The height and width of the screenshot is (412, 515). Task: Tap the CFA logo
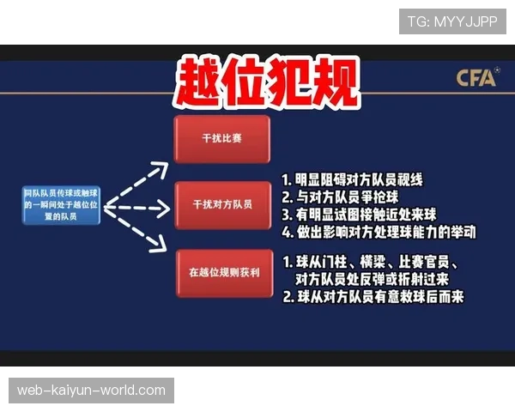(x=477, y=78)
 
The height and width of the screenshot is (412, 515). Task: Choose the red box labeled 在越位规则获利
(x=221, y=273)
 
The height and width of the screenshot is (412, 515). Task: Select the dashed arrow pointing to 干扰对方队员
(x=137, y=207)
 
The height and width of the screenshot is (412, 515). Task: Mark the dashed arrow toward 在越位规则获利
(x=137, y=233)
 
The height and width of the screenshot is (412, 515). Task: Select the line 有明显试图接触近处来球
(x=364, y=215)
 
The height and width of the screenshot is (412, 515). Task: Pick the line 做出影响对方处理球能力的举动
(x=378, y=232)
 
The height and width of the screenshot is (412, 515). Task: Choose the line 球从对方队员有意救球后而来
(x=373, y=297)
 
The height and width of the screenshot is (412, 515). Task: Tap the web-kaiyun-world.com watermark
(x=92, y=391)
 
